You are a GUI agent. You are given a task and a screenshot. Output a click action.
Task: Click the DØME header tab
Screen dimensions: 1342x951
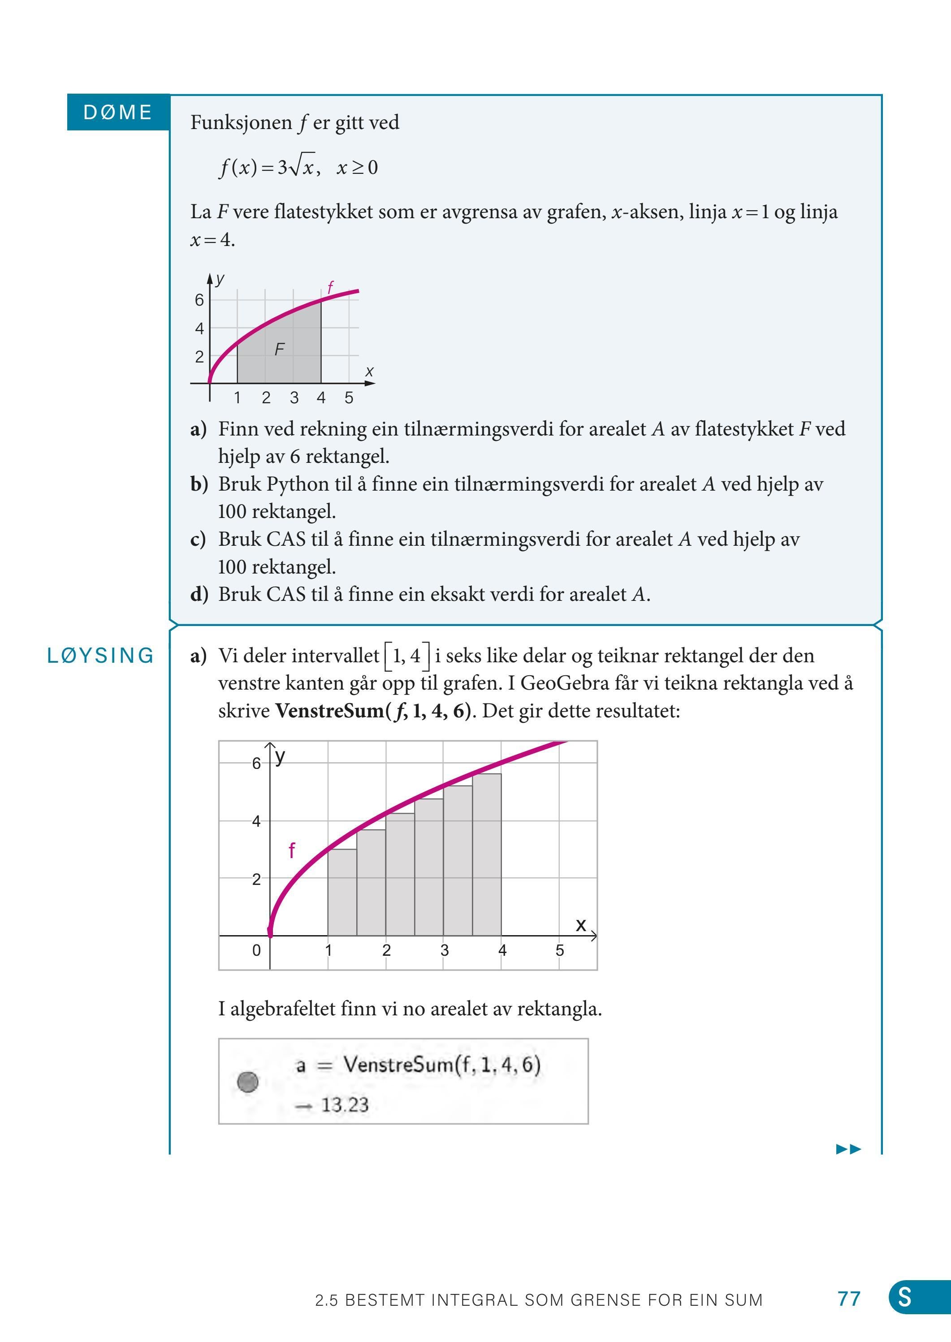118,112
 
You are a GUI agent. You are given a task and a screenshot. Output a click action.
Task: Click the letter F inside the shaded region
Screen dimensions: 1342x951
279,350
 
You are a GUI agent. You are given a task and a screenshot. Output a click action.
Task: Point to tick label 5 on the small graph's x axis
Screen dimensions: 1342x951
349,398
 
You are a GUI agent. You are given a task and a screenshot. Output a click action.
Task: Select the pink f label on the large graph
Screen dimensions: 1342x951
292,850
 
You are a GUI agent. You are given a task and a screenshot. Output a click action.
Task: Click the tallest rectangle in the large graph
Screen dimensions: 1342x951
487,855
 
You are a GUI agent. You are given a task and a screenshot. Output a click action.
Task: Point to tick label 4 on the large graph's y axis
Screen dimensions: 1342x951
256,821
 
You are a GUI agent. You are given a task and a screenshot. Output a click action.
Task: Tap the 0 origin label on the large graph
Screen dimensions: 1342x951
256,950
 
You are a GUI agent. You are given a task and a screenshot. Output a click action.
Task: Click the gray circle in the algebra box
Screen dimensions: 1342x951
248,1082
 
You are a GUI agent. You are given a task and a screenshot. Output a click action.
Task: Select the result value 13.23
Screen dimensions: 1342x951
345,1105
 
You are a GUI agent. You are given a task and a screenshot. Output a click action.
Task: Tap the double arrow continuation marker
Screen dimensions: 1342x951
848,1149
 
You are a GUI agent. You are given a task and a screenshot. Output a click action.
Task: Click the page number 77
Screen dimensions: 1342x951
848,1299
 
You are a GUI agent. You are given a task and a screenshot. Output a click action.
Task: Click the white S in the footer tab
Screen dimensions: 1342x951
905,1298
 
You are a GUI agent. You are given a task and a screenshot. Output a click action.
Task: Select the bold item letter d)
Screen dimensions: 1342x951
199,594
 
